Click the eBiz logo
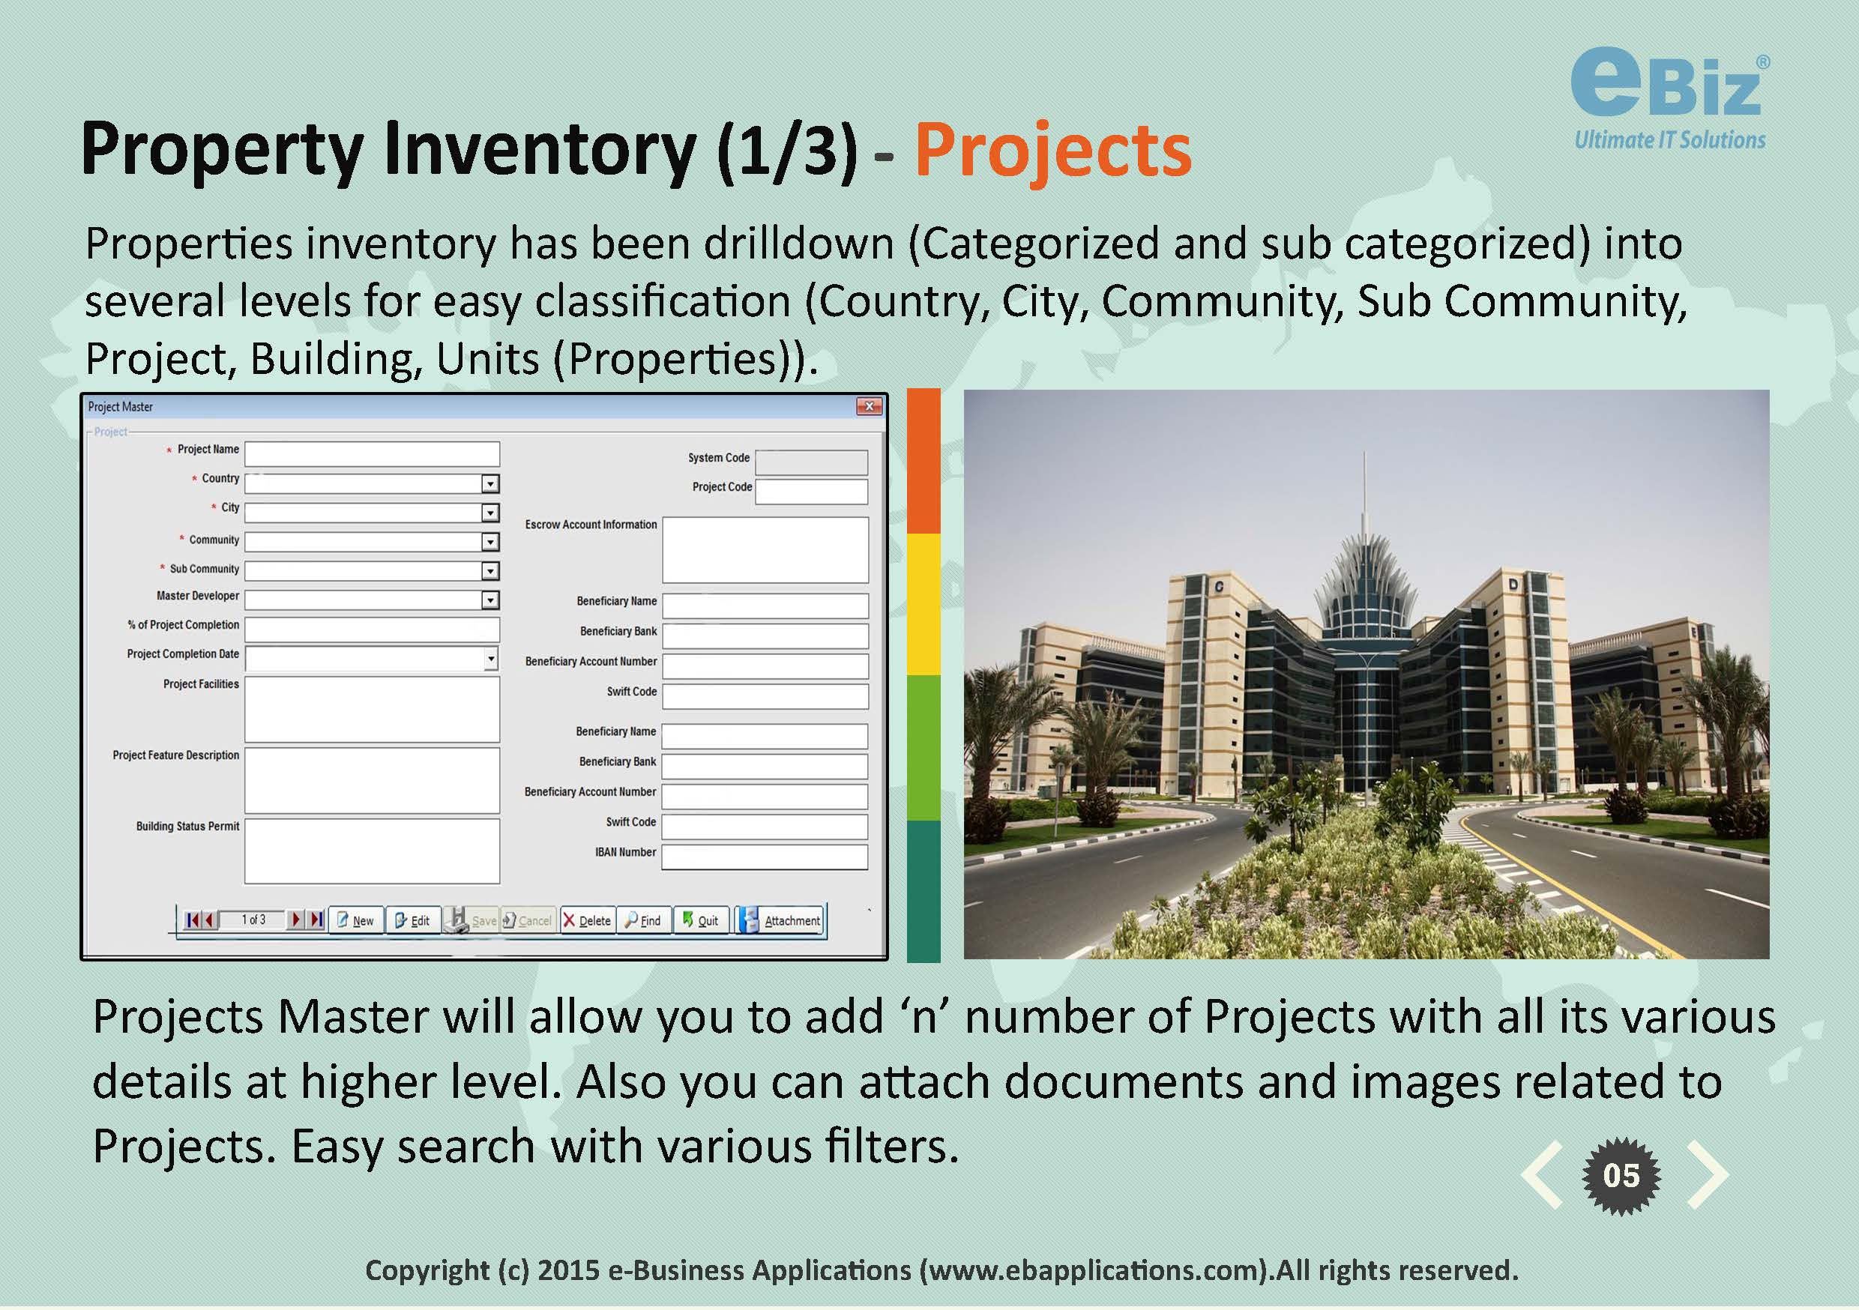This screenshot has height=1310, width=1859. [x=1669, y=102]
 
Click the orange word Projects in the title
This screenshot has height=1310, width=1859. [x=1052, y=151]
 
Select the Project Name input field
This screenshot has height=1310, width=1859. [x=372, y=453]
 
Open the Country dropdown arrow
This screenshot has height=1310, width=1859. [x=489, y=484]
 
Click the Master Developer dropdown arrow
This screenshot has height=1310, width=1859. [x=489, y=600]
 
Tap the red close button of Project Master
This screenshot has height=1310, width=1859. [x=869, y=406]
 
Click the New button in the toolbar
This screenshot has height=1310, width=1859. [x=355, y=920]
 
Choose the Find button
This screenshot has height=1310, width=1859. [x=645, y=920]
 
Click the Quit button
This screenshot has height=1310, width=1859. [x=701, y=920]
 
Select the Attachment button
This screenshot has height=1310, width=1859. [x=781, y=920]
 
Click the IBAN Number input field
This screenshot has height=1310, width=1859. [x=765, y=857]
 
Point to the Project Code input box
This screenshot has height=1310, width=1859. [x=811, y=492]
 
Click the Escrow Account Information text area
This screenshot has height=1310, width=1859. [x=765, y=550]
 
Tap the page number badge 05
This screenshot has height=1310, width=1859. [x=1621, y=1176]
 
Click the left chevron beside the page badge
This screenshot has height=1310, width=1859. [x=1542, y=1175]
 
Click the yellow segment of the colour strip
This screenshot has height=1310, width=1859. [x=924, y=604]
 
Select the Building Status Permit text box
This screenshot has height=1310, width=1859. [x=372, y=850]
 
